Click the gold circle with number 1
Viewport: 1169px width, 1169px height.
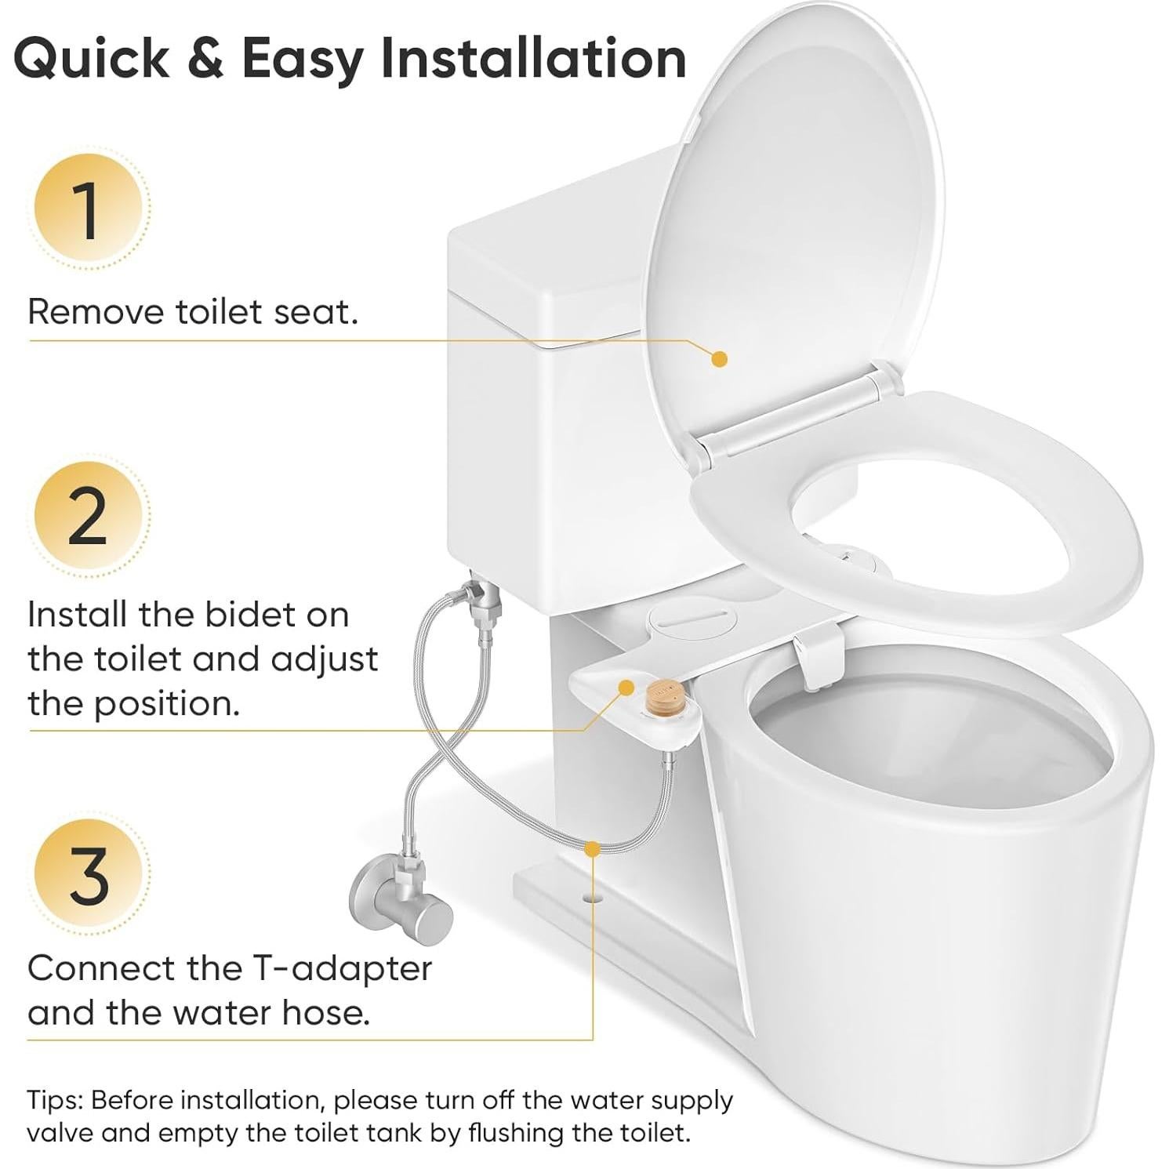click(x=88, y=211)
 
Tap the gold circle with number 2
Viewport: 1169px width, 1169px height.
click(x=88, y=517)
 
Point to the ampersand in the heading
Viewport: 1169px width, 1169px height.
click(x=205, y=59)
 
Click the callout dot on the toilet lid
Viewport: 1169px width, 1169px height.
click(x=719, y=359)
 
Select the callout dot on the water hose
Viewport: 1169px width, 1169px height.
click(x=593, y=848)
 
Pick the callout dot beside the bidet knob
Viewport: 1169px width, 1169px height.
click(x=626, y=688)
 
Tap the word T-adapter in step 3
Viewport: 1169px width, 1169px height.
click(x=341, y=969)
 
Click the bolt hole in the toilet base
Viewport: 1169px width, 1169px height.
click(x=593, y=895)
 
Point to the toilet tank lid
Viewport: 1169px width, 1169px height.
click(x=549, y=259)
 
